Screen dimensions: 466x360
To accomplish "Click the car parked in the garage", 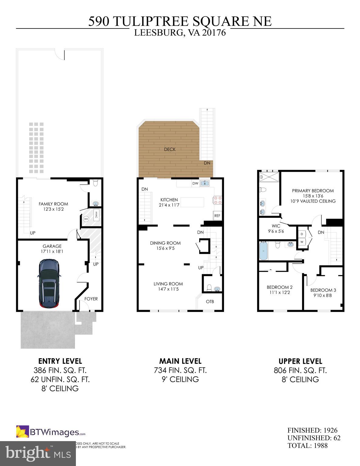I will click(x=49, y=284).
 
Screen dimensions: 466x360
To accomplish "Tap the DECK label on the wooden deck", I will click(x=170, y=149).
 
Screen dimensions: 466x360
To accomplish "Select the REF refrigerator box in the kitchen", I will click(x=217, y=216).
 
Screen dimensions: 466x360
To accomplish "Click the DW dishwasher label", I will click(x=195, y=184).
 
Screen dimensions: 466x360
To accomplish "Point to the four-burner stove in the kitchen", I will click(x=217, y=200).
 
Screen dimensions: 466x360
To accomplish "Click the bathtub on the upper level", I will click(x=263, y=251).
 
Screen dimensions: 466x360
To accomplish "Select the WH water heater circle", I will click(x=86, y=219).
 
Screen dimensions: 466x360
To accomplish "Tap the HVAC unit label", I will click(x=96, y=214).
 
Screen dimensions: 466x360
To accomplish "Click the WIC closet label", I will click(x=276, y=226).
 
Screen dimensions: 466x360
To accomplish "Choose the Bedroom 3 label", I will click(x=323, y=290).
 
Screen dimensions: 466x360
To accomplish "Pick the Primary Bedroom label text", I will click(x=313, y=191).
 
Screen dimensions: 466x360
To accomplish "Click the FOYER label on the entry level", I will click(x=91, y=299).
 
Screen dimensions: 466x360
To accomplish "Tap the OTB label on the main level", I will click(x=210, y=302).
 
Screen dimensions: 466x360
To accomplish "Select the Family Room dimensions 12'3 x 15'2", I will click(x=53, y=209).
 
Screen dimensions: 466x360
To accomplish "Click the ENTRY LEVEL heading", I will click(x=60, y=361).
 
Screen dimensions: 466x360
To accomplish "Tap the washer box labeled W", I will click(x=302, y=242).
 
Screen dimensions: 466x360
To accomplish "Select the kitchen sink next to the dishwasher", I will click(x=205, y=183).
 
